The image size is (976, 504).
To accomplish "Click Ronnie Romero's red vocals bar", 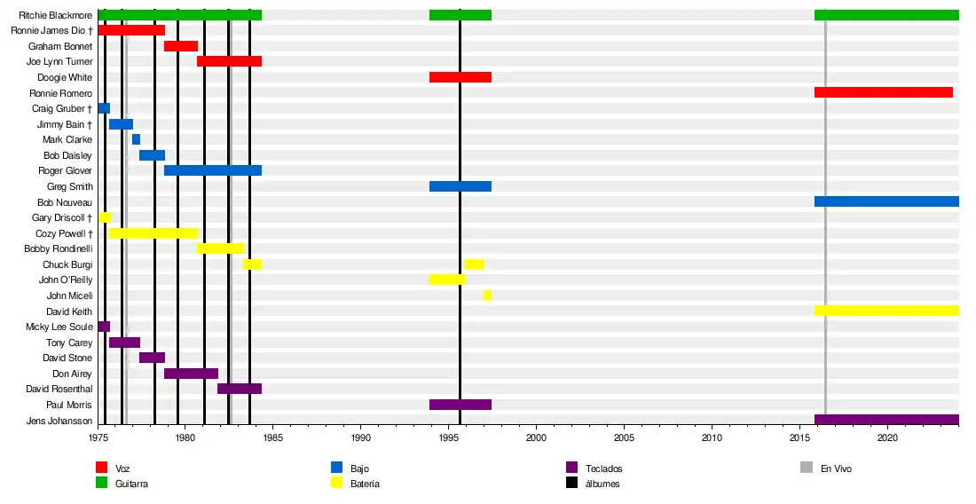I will [x=883, y=93].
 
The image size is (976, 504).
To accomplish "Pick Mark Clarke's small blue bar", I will [x=136, y=139].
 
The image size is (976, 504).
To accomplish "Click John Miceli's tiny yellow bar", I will [x=487, y=295].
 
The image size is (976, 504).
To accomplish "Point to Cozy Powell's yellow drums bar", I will [x=153, y=233].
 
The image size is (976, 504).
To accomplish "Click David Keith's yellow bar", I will [x=886, y=311].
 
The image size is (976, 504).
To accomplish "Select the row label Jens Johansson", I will [x=59, y=421].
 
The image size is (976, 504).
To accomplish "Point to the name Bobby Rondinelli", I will [x=59, y=249].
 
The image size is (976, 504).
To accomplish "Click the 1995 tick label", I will [x=449, y=438].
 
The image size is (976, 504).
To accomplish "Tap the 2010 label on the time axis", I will [x=712, y=438].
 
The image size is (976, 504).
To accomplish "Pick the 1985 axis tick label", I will [x=273, y=438].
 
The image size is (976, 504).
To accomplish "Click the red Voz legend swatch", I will [x=101, y=468].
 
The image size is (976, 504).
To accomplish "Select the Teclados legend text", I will [x=603, y=469].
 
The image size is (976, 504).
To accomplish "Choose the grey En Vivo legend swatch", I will [x=807, y=468].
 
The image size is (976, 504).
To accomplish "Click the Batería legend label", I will [x=367, y=484].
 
